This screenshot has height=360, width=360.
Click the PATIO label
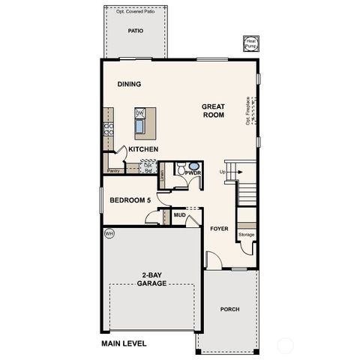point(135,31)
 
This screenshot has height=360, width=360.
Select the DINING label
point(129,84)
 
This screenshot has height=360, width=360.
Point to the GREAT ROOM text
point(214,111)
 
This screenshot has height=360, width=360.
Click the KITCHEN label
point(142,149)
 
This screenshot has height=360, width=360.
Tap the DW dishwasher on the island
point(139,113)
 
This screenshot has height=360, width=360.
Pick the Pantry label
point(113,171)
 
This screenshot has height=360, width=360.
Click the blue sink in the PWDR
point(193,166)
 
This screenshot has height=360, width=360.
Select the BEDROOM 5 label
point(130,200)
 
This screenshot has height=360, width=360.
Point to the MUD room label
point(180,215)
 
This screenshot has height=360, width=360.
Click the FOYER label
point(218,229)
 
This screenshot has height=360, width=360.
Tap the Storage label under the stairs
point(246,235)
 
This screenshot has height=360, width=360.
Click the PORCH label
point(229,309)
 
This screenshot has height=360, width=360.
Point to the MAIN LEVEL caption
point(124,343)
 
